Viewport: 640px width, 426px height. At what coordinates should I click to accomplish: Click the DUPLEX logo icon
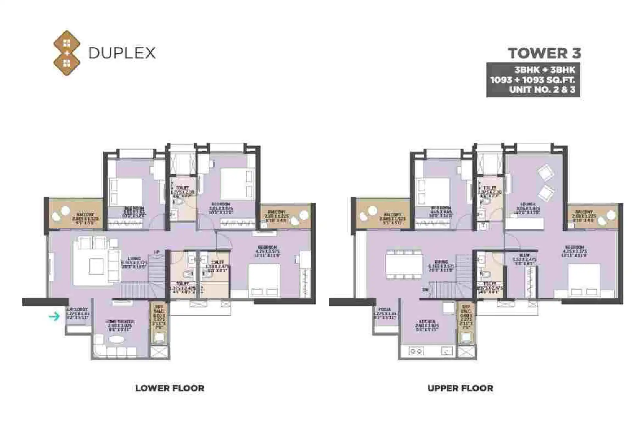pos(67,53)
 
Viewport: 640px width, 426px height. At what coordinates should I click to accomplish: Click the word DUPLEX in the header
pos(122,53)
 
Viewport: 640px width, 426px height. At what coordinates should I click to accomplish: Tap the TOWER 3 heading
pos(544,53)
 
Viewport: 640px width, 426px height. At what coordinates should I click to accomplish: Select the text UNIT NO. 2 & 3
pos(542,89)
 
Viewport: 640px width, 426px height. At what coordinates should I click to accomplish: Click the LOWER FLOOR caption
pos(170,388)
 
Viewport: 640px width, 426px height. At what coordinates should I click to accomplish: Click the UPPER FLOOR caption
pos(460,388)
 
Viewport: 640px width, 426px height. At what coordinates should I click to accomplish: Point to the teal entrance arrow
pos(54,316)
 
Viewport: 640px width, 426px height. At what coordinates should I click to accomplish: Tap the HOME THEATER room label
pos(120,321)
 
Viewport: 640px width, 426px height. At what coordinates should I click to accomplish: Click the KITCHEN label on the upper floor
pos(427,321)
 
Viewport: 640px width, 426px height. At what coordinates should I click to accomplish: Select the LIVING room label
pos(135,259)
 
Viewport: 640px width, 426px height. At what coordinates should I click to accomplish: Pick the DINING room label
pos(441,262)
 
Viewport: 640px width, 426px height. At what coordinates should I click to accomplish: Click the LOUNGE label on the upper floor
pos(528,204)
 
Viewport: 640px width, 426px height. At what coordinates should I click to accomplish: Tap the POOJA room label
pos(384,309)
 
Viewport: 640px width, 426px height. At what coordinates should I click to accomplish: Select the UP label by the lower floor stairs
pos(157,252)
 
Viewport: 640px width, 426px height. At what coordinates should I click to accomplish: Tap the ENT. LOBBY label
pos(77,309)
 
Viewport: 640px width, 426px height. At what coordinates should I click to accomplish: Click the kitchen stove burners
pos(415,351)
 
